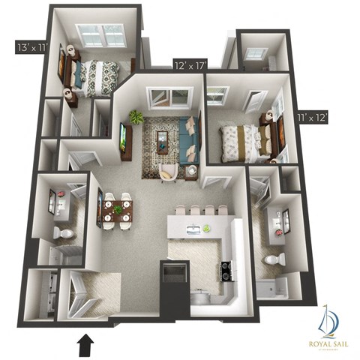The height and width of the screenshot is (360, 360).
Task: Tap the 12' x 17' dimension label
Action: pos(190,65)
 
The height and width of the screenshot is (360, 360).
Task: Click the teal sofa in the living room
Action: pos(188,139)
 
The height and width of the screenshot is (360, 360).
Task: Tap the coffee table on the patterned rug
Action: pos(163,139)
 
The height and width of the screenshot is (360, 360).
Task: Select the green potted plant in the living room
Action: pos(136,117)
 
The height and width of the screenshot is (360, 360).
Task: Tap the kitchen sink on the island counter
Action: pos(193,229)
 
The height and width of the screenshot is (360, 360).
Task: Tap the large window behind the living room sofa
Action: pos(171,97)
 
